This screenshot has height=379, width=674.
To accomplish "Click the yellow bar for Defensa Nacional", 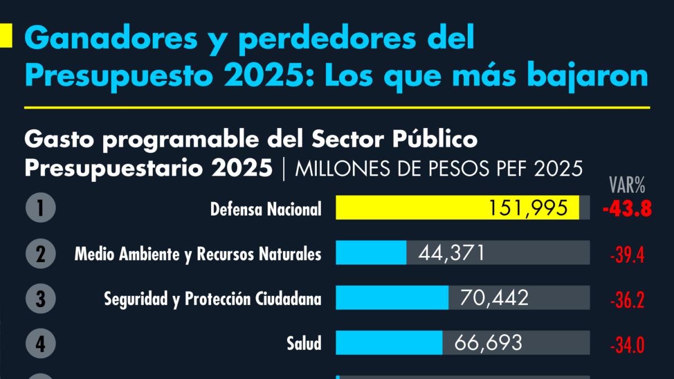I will point(416,208).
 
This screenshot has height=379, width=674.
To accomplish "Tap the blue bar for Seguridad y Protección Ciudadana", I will point(391,298).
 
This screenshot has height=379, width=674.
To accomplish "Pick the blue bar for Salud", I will point(389,343).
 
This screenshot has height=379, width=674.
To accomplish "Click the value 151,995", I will point(528,208).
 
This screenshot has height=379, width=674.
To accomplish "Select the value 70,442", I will point(494,298).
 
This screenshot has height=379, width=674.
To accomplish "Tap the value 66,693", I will point(488,343).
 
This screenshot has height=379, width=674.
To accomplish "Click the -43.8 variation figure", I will point(626,209).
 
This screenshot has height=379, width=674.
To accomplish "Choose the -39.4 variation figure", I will point(626,255).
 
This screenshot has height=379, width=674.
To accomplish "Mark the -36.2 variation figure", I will point(626,300).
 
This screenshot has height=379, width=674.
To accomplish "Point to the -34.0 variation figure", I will point(626,345).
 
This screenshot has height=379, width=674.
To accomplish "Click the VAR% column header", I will point(627,184).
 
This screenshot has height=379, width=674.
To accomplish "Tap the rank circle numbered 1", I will point(40,208).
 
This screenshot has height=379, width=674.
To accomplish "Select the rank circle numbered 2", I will point(40,254).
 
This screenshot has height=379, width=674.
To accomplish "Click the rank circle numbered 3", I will point(40,298).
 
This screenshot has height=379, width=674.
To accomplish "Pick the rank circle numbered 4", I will point(40,343).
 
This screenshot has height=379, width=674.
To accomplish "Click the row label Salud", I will point(304,343).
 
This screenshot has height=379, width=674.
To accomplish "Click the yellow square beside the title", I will point(6,36).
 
